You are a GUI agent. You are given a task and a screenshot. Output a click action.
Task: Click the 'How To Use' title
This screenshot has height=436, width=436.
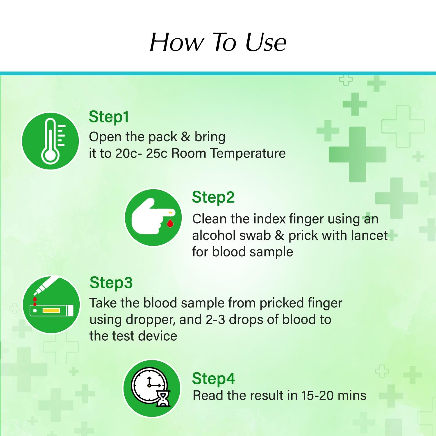(x=218, y=42)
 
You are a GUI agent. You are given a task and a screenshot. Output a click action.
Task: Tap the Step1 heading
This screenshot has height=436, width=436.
(x=109, y=117)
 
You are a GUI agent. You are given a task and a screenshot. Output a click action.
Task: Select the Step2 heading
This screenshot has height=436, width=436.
(x=213, y=198)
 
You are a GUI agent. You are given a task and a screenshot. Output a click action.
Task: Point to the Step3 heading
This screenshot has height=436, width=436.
(x=111, y=283)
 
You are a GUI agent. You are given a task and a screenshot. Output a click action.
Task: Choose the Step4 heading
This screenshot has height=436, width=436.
(x=213, y=378)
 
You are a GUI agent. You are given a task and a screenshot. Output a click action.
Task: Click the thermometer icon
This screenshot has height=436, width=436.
(x=52, y=140)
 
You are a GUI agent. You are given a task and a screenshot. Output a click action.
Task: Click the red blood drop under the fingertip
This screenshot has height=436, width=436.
(x=170, y=223)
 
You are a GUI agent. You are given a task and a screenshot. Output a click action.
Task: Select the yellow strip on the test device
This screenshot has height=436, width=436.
(x=51, y=311)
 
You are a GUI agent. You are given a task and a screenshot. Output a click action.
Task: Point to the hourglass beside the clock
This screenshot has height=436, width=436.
(x=163, y=399)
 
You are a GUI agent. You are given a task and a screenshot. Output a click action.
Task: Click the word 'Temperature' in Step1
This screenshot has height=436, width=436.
(x=248, y=153)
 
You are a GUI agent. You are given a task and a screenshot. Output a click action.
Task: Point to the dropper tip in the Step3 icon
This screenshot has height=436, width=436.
(x=36, y=292)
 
